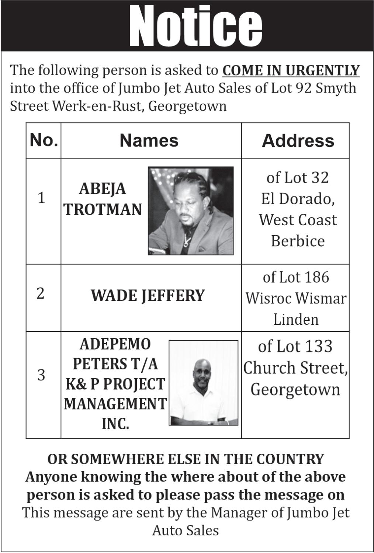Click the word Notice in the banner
point(195,26)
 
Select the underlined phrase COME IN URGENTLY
point(291,70)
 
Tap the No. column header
point(44,140)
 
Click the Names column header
point(149,140)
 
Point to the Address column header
point(298,141)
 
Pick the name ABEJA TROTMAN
point(103,199)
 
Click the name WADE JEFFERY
point(148,296)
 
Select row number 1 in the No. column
point(41,198)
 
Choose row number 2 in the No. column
point(41,293)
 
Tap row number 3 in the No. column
point(41,375)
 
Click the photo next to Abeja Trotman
point(191,211)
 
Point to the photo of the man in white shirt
point(203,383)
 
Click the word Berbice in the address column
point(298,241)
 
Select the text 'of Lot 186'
point(296,277)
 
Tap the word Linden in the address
point(296,319)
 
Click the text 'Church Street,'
point(295,368)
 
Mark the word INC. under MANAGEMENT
point(115,424)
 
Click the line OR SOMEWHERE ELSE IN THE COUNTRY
point(186,459)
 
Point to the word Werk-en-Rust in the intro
point(97,106)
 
